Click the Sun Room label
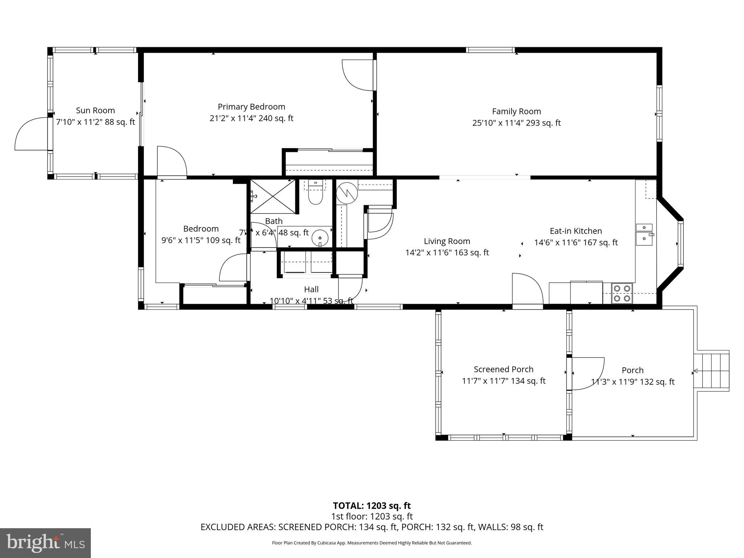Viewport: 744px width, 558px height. (95, 110)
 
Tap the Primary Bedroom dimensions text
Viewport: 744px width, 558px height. (251, 118)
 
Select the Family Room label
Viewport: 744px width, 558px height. (516, 112)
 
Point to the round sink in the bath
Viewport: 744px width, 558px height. (320, 238)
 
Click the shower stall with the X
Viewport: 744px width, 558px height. (273, 197)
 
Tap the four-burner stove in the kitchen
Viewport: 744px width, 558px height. (622, 294)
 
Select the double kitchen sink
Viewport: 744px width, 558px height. (644, 233)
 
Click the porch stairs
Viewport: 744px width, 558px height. (712, 371)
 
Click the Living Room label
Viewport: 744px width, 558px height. (447, 241)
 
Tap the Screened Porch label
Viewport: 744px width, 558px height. (504, 369)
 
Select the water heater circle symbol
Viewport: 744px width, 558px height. (347, 193)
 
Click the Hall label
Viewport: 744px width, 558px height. (311, 290)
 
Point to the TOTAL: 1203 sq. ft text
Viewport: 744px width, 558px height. (372, 506)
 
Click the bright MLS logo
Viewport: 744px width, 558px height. (45, 543)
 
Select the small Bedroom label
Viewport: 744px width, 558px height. (201, 229)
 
